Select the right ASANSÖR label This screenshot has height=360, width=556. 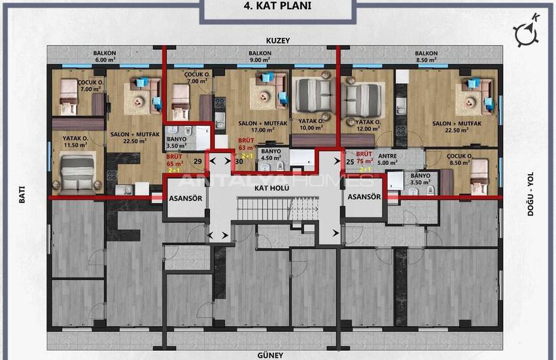(x=364, y=197)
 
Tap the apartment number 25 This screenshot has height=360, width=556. (x=350, y=161)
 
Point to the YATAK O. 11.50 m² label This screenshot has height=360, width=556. (x=76, y=141)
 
